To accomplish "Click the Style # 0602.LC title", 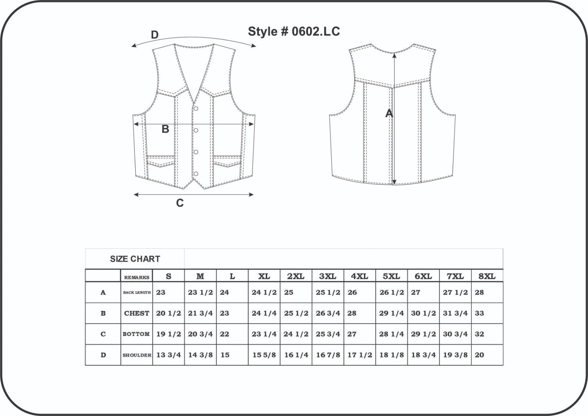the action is point(294,32).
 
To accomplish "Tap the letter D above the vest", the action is point(155,35).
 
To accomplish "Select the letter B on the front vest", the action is point(165,129).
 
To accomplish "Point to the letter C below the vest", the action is point(180,203).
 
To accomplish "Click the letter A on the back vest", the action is point(389,114).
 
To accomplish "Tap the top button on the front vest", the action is point(196,108).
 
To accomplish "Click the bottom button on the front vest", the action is point(196,174).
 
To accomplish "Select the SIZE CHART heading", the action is point(135,259).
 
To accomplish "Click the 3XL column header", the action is point(327,276).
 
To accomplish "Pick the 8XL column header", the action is point(487,276).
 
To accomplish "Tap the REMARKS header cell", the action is point(136,277).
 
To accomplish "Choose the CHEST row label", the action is point(136,313).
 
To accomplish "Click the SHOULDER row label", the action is point(137,355).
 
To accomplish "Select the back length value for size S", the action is point(161,293).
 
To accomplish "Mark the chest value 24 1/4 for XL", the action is point(264,313).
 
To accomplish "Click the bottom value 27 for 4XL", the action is point(352,334).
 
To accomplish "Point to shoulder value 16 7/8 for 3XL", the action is point(328,355).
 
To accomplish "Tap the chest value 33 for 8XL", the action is point(479,313).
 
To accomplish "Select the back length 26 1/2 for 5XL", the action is point(392,293).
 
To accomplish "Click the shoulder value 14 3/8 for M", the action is point(200,355).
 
